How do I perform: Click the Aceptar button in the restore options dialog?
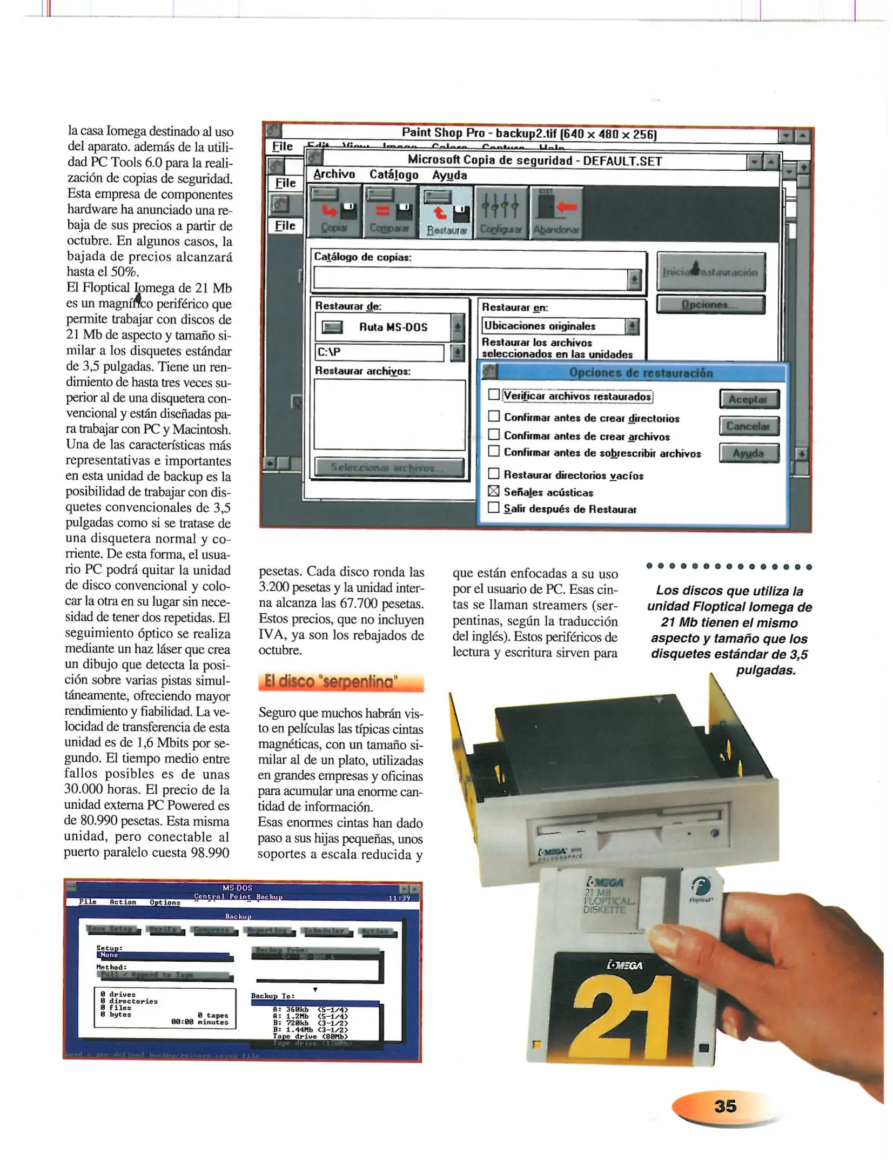[x=748, y=399]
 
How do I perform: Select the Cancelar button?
[x=748, y=426]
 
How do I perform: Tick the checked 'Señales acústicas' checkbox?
[x=493, y=491]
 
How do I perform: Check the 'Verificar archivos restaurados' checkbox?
[x=493, y=394]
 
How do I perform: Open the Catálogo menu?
[x=393, y=175]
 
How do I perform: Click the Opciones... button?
[x=710, y=304]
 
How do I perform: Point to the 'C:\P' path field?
[x=378, y=352]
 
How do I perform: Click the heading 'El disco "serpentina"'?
[x=340, y=682]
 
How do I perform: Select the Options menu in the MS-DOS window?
[x=164, y=902]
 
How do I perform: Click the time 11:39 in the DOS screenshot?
[x=399, y=898]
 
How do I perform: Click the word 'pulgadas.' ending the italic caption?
[x=766, y=670]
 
